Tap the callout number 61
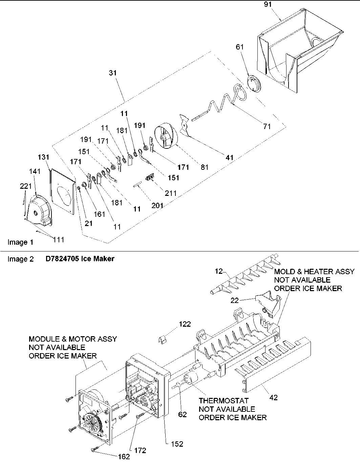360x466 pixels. click(240, 47)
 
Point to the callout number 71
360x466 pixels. click(267, 126)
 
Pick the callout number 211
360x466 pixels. click(171, 193)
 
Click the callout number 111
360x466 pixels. click(58, 240)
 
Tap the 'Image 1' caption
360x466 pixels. click(20, 242)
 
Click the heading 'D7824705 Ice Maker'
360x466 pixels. click(80, 259)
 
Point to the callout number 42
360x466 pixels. click(273, 398)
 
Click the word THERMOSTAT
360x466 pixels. click(224, 401)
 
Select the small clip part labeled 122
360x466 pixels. click(164, 339)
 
